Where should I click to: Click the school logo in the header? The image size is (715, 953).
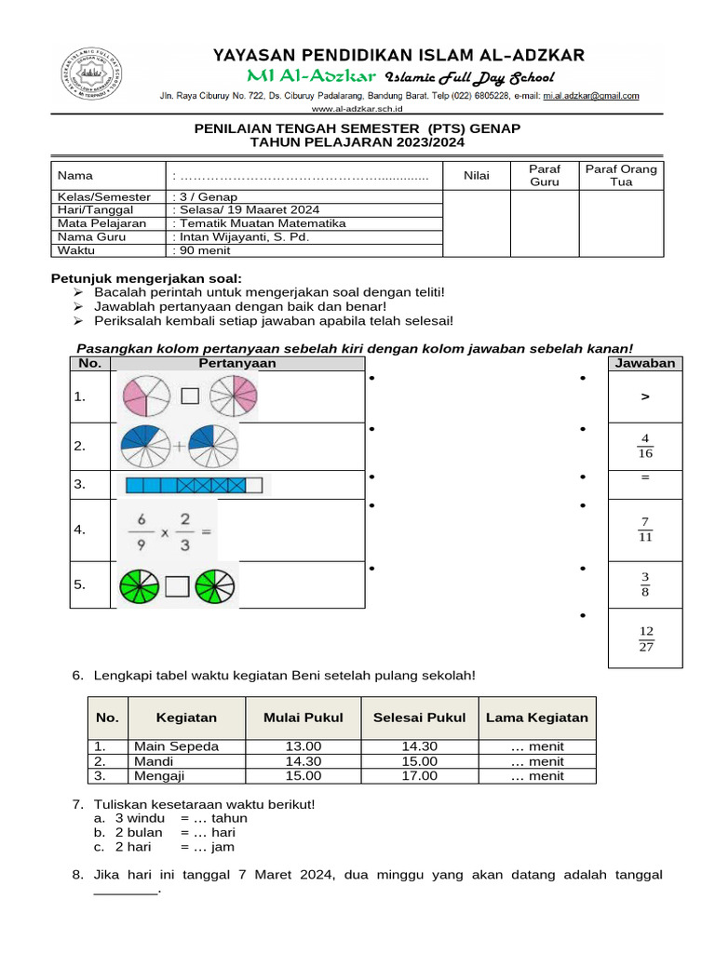pos(89,75)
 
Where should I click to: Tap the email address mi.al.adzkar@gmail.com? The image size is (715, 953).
pos(592,96)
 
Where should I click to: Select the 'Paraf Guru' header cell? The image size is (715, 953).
pos(544,175)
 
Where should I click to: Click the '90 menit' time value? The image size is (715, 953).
pos(203,250)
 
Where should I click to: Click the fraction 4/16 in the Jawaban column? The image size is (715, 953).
pos(645,446)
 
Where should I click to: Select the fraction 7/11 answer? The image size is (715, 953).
pos(645,530)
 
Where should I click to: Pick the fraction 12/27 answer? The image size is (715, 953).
pos(645,639)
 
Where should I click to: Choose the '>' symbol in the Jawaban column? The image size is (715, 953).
pos(645,396)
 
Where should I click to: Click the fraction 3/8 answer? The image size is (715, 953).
pos(645,584)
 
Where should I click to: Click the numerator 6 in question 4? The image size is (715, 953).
pos(142,520)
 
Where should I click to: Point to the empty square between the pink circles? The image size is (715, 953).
pos(190,396)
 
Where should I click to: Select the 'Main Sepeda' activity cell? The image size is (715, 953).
pos(177,746)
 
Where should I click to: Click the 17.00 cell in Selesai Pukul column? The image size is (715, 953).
pos(419,776)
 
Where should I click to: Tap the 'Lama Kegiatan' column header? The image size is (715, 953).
pos(537,718)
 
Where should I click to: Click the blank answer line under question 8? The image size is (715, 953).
pos(126,891)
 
